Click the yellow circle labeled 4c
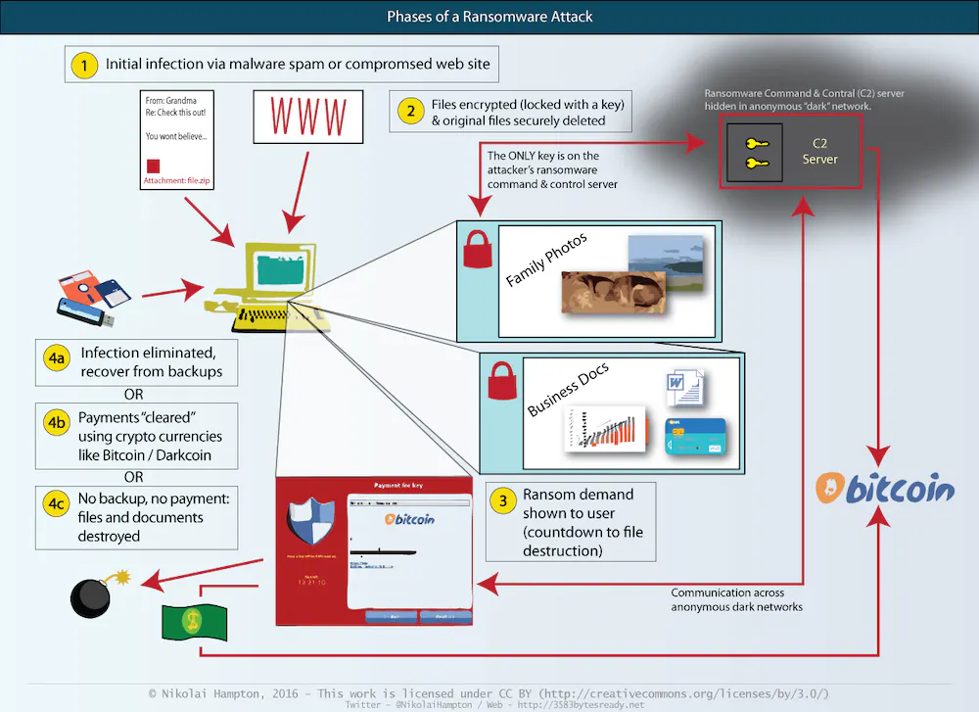56,504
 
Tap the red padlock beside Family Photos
476,252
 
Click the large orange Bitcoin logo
886,488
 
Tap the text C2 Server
819,151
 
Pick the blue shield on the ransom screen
311,517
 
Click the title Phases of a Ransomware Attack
489,17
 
